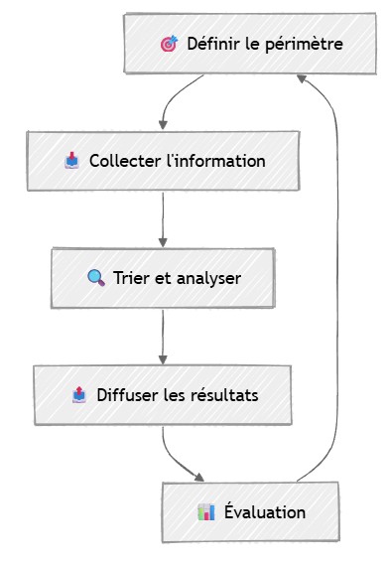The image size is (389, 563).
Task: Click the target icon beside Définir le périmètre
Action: point(169,44)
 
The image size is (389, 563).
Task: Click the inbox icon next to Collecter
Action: point(71,160)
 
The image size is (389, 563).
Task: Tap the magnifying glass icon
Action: point(96,277)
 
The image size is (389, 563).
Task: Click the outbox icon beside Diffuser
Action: point(79,394)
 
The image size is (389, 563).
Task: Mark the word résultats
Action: point(223,394)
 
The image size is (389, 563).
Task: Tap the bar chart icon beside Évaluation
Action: point(206,511)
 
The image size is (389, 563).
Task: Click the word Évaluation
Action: point(264,511)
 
